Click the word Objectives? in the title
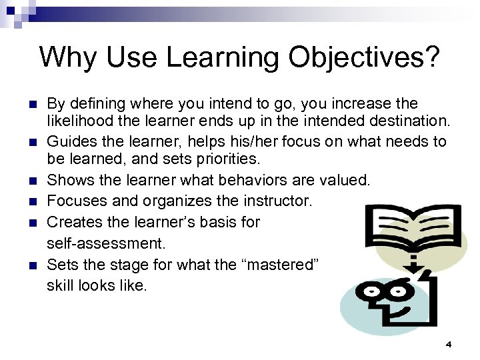click(x=364, y=58)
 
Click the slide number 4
click(x=449, y=344)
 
